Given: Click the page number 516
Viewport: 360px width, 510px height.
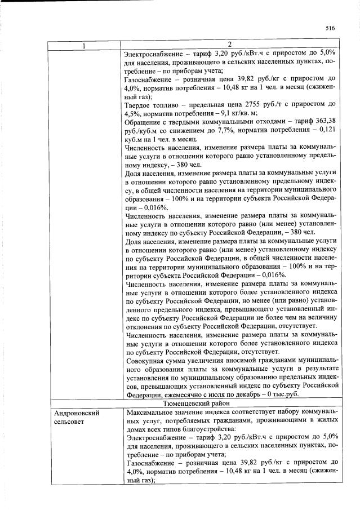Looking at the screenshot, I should (x=330, y=28).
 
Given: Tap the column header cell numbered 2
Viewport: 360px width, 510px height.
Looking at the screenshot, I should (x=231, y=45).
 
